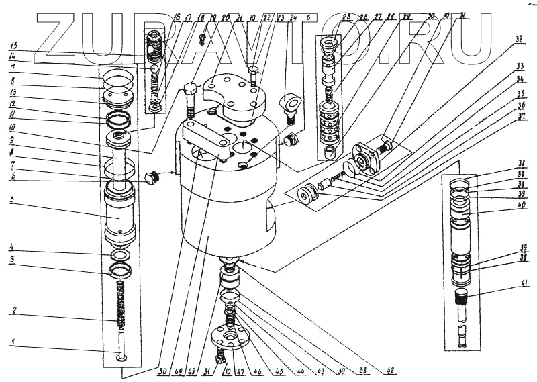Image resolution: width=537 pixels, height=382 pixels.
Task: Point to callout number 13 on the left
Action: click(x=11, y=93)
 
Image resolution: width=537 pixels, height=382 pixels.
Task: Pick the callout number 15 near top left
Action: click(x=11, y=46)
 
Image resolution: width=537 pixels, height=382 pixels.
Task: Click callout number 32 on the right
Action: click(x=518, y=40)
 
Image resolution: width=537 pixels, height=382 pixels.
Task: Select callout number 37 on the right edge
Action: click(x=521, y=115)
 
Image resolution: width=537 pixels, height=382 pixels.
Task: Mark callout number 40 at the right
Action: click(x=521, y=206)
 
